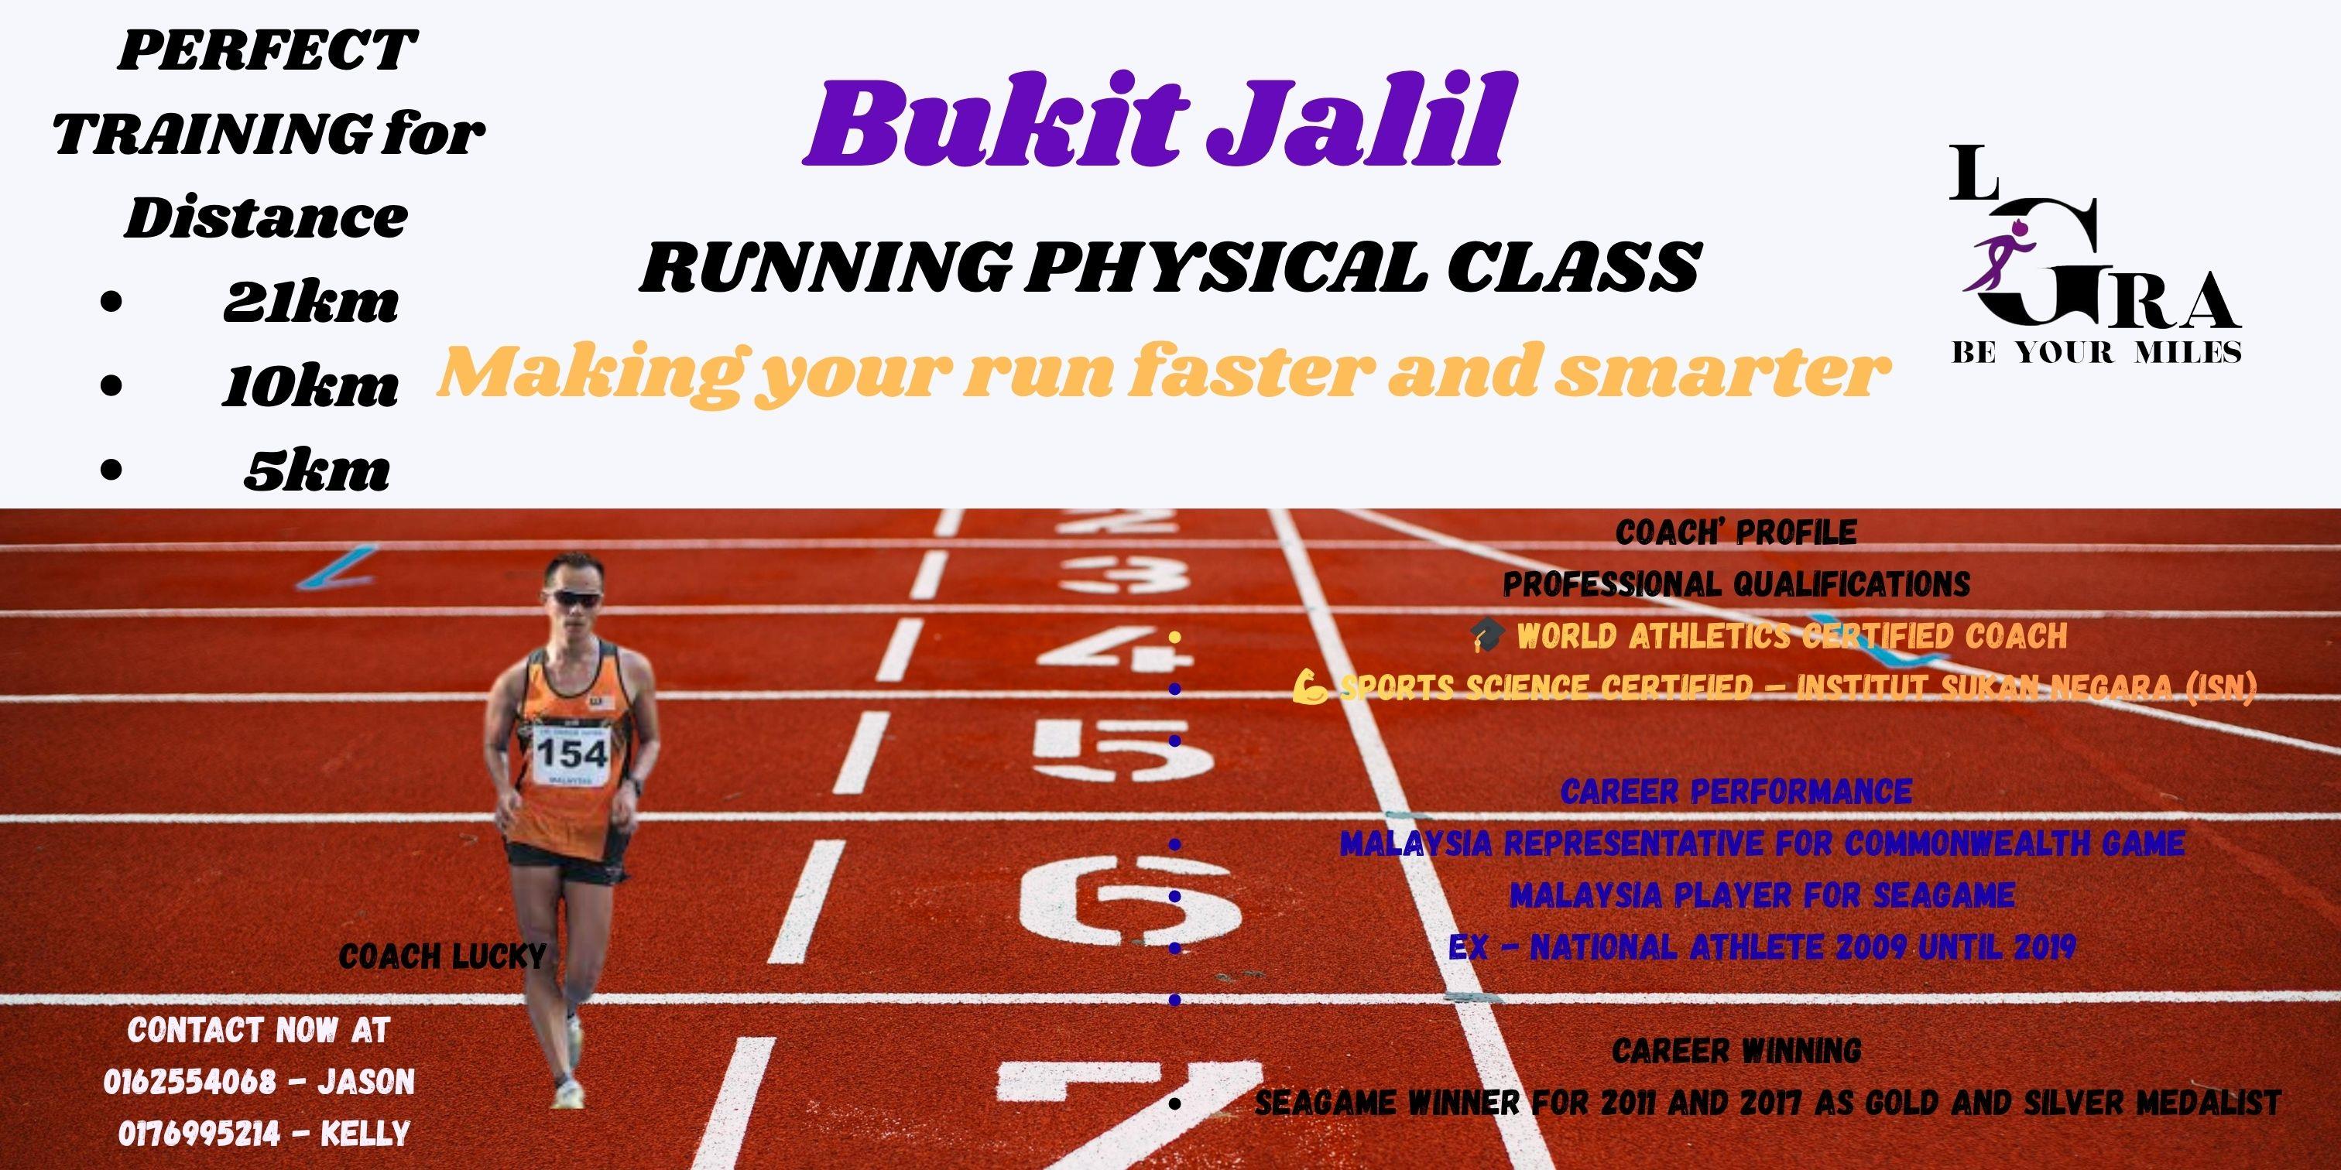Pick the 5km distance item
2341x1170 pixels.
coord(317,470)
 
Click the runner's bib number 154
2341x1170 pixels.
coord(571,752)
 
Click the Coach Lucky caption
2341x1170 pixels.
coord(442,956)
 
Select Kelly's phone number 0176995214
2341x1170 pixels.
coord(199,1133)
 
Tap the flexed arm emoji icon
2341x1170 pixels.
coord(1311,688)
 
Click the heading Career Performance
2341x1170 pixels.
coord(1736,790)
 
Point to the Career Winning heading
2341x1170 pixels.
coord(1736,1051)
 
